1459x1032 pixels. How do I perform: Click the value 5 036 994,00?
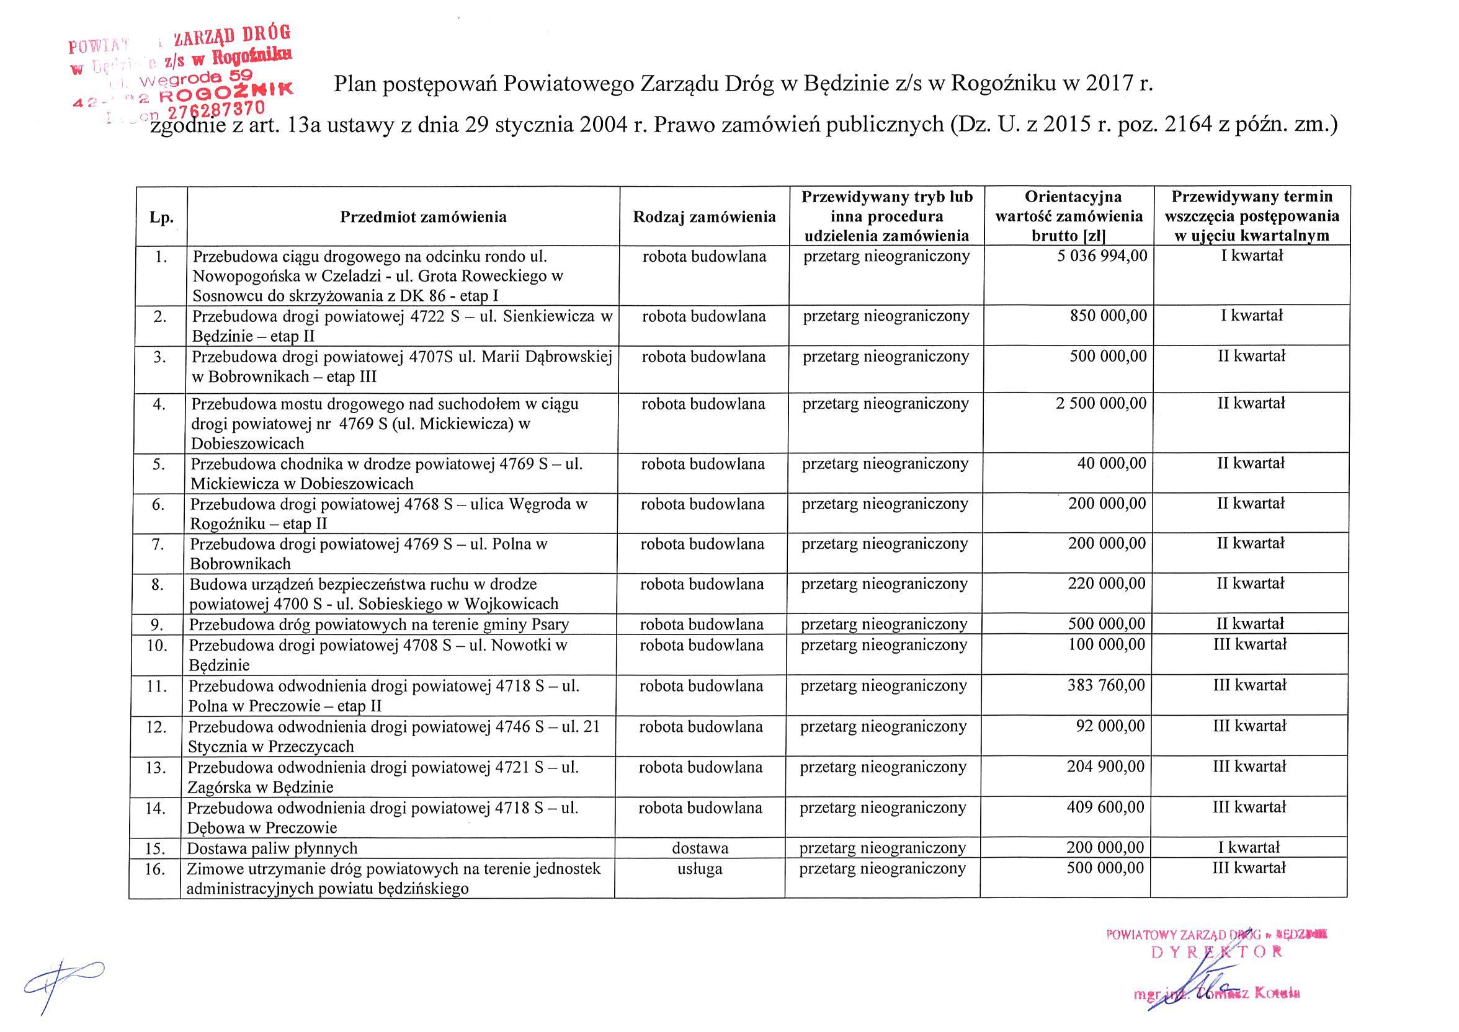point(1102,256)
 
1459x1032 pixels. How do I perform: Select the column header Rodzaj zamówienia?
point(704,217)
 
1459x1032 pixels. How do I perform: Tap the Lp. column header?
point(161,217)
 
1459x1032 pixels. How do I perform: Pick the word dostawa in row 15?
point(700,848)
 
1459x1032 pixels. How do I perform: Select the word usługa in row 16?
point(700,869)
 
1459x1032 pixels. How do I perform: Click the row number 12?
point(156,727)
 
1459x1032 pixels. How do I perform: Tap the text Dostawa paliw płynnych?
point(272,848)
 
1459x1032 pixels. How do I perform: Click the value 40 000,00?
point(1112,463)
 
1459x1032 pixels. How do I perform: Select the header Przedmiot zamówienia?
point(423,217)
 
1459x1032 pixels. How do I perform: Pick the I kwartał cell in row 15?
point(1249,847)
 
